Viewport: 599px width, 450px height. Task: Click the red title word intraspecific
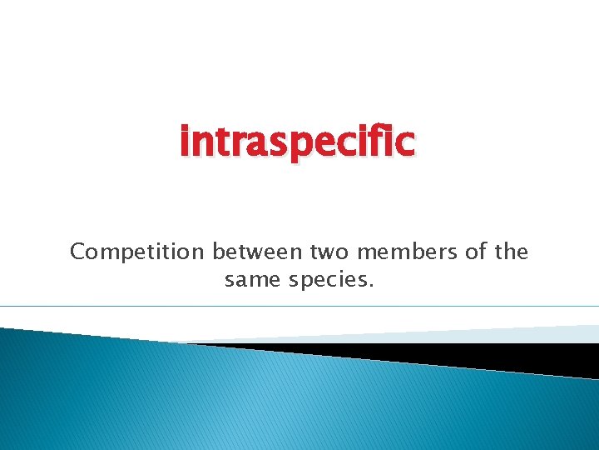pyautogui.click(x=297, y=142)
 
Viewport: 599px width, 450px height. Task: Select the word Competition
pyautogui.click(x=137, y=252)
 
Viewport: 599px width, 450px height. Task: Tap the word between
pyautogui.click(x=257, y=252)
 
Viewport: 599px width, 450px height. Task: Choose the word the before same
pyautogui.click(x=512, y=252)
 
